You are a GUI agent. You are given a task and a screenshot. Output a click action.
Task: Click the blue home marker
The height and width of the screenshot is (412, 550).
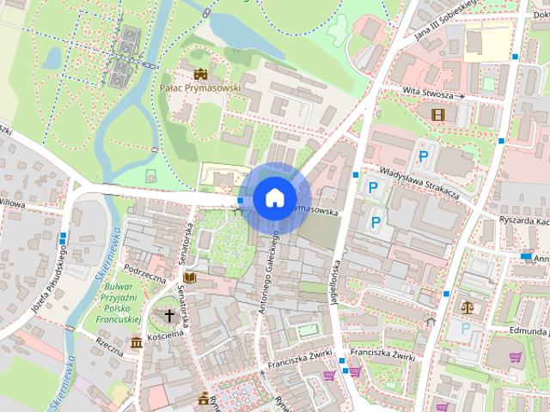(274, 197)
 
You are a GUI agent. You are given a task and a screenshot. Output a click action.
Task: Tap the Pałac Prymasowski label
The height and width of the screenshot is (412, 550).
(200, 88)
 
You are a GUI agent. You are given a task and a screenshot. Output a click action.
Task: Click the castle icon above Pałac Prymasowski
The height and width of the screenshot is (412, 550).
(201, 74)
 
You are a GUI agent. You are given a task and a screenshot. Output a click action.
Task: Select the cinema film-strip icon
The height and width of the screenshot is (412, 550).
(439, 113)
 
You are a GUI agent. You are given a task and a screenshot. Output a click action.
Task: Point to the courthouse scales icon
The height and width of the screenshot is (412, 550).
(467, 305)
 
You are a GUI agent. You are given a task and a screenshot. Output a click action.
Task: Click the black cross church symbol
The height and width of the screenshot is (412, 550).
(169, 315)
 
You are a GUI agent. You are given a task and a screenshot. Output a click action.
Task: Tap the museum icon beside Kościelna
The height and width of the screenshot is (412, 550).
(136, 343)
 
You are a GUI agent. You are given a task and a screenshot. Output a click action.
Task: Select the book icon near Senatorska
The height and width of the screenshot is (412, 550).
(190, 279)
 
